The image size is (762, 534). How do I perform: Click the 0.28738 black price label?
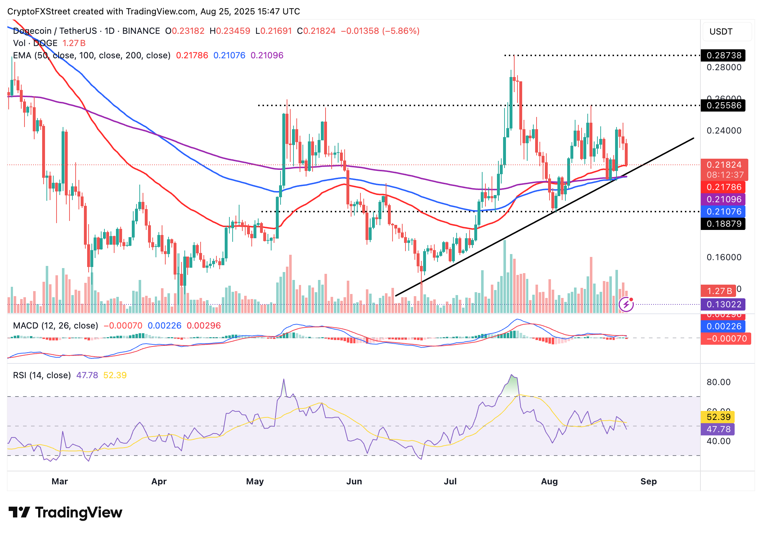click(x=723, y=55)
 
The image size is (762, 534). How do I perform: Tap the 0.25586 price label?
click(x=723, y=105)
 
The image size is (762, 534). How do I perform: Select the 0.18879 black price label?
click(x=723, y=224)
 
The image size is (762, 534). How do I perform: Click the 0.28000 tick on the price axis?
click(x=724, y=68)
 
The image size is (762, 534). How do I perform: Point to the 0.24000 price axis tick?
click(x=724, y=131)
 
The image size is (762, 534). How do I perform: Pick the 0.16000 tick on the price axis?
click(x=724, y=257)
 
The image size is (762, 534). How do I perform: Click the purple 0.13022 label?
click(x=723, y=304)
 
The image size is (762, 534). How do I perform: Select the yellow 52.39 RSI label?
click(x=718, y=417)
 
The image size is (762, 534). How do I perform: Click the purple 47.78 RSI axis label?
click(x=718, y=429)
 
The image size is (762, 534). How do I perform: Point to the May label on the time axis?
click(x=255, y=481)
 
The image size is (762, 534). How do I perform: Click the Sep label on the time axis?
click(x=648, y=481)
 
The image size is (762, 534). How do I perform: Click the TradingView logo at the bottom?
click(x=65, y=512)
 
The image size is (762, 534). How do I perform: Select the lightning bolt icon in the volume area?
click(x=626, y=304)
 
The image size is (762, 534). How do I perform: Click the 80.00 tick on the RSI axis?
click(x=718, y=382)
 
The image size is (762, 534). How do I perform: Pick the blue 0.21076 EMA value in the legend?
click(x=229, y=55)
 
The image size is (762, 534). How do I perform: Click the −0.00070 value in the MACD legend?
click(x=123, y=326)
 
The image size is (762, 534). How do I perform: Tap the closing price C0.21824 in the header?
click(x=316, y=31)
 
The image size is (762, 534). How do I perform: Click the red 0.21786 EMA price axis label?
click(x=723, y=187)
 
